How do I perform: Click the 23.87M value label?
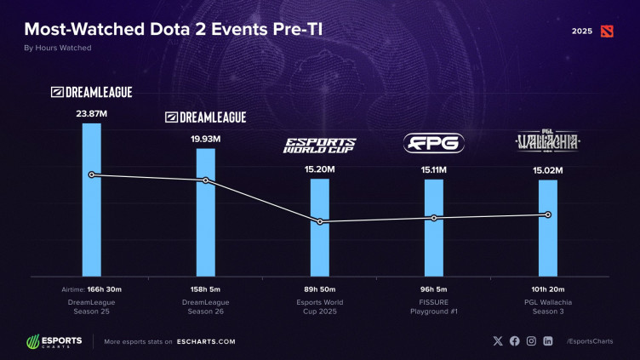pyautogui.click(x=91, y=111)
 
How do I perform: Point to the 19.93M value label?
pyautogui.click(x=205, y=138)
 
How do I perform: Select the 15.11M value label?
pyautogui.click(x=433, y=170)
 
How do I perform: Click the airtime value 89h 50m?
pyautogui.click(x=319, y=289)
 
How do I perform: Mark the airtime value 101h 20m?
pyautogui.click(x=547, y=289)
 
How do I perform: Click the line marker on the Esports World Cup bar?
pyautogui.click(x=320, y=222)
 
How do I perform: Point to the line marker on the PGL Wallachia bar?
pyautogui.click(x=547, y=214)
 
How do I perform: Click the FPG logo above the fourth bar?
pyautogui.click(x=433, y=144)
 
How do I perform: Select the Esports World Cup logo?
pyautogui.click(x=319, y=145)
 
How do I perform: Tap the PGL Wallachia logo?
pyautogui.click(x=547, y=142)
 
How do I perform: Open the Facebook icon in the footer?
pyautogui.click(x=515, y=341)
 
